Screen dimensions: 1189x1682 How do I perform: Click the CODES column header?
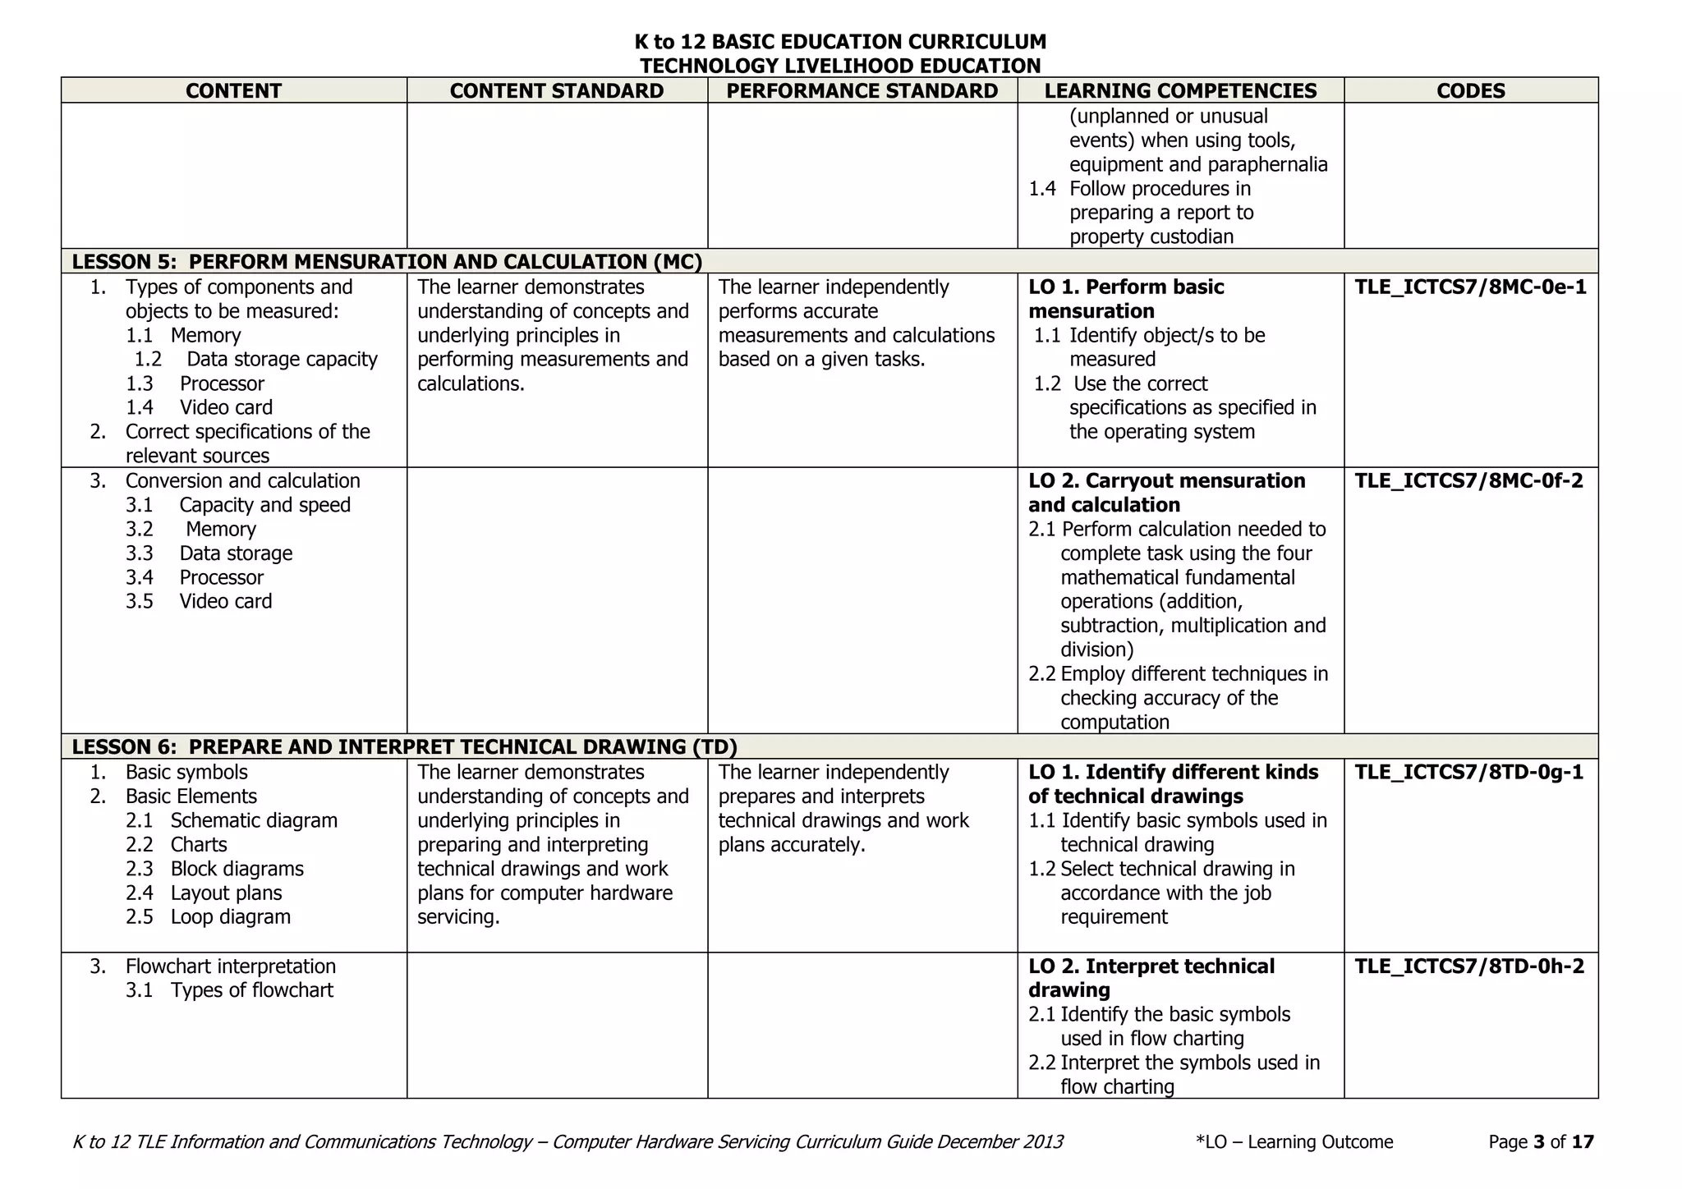tap(1470, 91)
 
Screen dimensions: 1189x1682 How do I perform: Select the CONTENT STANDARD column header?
tap(556, 91)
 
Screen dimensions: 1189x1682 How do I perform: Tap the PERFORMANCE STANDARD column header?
tap(862, 91)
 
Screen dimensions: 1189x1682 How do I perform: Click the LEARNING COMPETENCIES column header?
tap(1180, 91)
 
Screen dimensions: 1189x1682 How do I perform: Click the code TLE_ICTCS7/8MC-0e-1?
tap(1470, 287)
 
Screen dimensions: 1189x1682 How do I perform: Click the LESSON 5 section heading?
tap(387, 262)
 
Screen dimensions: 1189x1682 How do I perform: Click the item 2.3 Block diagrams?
tap(214, 869)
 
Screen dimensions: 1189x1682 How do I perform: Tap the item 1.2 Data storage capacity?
tap(255, 360)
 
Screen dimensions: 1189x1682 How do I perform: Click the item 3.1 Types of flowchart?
tap(229, 990)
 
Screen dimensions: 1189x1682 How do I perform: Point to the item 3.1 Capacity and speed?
tap(238, 505)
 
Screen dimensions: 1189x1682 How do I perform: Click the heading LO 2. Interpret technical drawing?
tap(1151, 978)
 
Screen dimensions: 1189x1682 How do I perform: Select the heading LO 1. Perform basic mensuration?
tap(1125, 299)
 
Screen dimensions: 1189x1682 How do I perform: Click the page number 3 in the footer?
tap(1538, 1142)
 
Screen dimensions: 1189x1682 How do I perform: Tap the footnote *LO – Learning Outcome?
tap(1294, 1142)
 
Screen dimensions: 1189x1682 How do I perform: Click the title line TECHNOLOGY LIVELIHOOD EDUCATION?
tap(840, 66)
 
